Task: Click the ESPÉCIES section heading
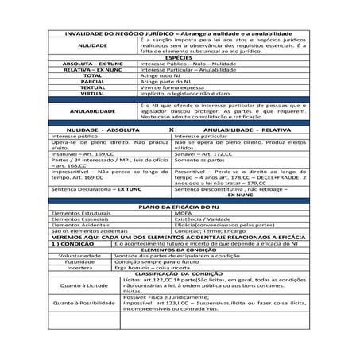pos(180,58)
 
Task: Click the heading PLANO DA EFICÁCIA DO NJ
pos(180,206)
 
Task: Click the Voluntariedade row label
pos(79,257)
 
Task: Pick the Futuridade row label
pos(79,263)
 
